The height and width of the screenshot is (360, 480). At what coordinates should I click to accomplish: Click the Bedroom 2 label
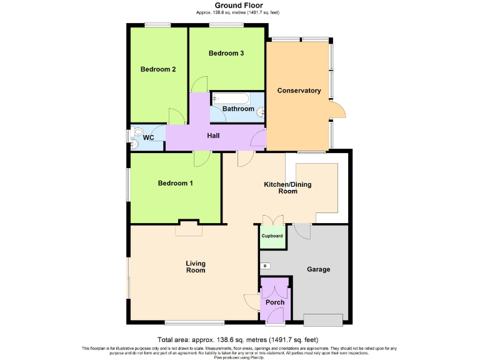point(157,69)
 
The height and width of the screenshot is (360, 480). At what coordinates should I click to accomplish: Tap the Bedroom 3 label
point(226,54)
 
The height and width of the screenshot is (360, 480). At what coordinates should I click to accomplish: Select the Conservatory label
point(299,91)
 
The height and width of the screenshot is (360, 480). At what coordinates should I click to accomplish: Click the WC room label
point(149,137)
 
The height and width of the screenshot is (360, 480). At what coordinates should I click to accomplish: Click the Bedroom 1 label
point(175,183)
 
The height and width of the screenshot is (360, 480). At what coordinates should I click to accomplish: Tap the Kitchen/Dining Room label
point(287,188)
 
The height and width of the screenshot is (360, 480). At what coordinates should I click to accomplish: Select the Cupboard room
point(272,236)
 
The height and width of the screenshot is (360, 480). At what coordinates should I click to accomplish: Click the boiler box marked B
point(265,266)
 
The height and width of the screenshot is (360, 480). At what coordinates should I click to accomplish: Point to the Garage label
point(318,269)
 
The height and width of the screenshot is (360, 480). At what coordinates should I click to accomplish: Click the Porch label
point(275,302)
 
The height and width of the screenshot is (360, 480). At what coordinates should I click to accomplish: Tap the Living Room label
point(196,267)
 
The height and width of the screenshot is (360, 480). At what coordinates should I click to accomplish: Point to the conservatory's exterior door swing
point(338,110)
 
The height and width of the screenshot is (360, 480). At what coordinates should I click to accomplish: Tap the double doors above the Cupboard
point(272,220)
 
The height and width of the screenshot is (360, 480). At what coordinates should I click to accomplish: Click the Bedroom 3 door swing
point(199,84)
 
